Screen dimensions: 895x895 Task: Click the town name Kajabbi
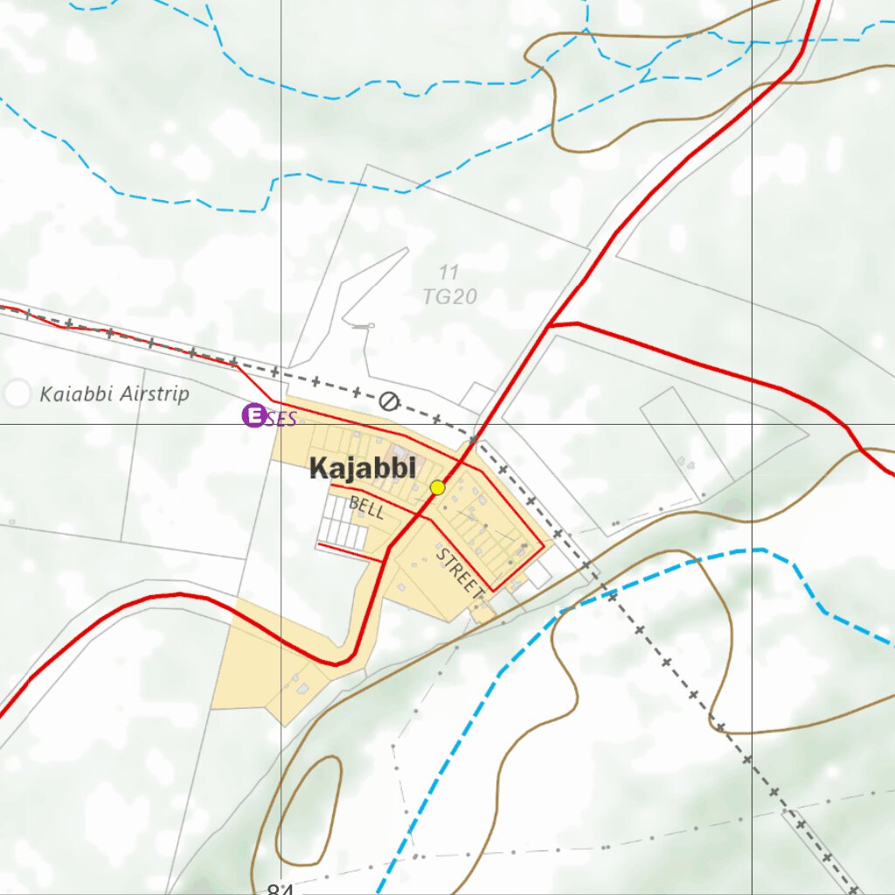click(x=363, y=469)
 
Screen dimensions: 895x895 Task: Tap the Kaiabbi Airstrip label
click(x=114, y=394)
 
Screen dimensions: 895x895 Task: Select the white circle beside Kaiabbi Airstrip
click(x=17, y=394)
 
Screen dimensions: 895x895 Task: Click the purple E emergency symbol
click(x=253, y=415)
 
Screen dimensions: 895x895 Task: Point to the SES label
click(x=281, y=418)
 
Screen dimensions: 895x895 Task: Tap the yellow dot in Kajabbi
click(x=438, y=488)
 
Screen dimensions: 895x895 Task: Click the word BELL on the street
click(x=366, y=508)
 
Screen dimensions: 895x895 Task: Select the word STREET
click(x=460, y=574)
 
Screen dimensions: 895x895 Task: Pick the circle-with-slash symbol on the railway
click(x=389, y=401)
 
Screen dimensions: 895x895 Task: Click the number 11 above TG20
click(x=449, y=274)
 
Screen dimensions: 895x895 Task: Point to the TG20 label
click(x=449, y=297)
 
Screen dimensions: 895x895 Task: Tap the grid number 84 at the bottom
click(x=280, y=889)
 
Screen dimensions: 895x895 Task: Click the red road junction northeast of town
click(x=552, y=325)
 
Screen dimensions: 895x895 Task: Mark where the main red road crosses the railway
click(x=475, y=438)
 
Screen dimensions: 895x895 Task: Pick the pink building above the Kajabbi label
click(x=418, y=461)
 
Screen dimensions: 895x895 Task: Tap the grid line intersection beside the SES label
click(x=281, y=424)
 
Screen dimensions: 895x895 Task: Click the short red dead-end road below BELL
click(x=350, y=552)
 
